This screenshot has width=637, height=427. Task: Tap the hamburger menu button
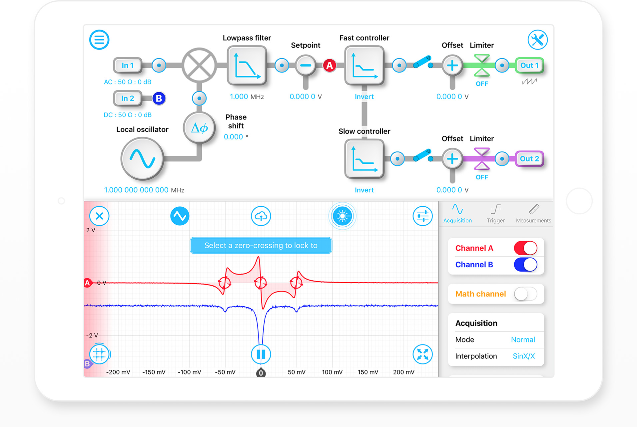(99, 40)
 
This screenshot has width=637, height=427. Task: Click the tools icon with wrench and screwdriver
(537, 40)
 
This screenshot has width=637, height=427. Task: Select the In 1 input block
(128, 65)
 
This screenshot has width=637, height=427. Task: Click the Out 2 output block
(529, 159)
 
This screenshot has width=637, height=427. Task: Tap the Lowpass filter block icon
(247, 65)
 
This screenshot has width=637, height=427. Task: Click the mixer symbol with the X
(199, 65)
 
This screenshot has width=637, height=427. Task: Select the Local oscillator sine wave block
(142, 159)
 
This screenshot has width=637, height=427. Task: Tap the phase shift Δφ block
(199, 127)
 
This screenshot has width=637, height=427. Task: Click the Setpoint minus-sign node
(306, 65)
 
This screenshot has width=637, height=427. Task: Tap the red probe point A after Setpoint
(329, 65)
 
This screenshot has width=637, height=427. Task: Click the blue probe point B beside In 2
(159, 98)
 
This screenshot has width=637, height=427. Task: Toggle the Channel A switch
(525, 248)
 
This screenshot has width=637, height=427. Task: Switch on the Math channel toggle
(525, 294)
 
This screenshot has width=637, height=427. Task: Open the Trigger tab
(495, 213)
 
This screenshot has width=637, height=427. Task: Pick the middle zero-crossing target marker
(261, 283)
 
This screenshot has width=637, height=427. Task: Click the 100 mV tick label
(332, 372)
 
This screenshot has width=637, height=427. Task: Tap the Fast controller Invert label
(364, 97)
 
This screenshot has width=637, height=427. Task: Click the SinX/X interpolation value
(523, 356)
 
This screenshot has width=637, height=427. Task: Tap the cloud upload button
(261, 216)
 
